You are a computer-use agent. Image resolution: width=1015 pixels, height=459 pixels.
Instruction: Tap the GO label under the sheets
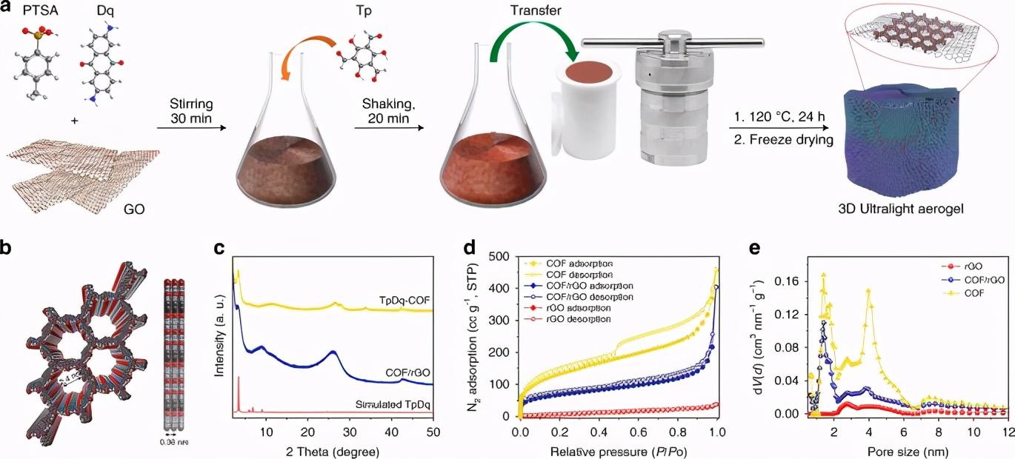click(134, 210)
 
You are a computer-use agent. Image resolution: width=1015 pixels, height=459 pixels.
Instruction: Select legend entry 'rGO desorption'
click(575, 318)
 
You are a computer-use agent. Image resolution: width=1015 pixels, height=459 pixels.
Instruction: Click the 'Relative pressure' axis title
click(618, 449)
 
